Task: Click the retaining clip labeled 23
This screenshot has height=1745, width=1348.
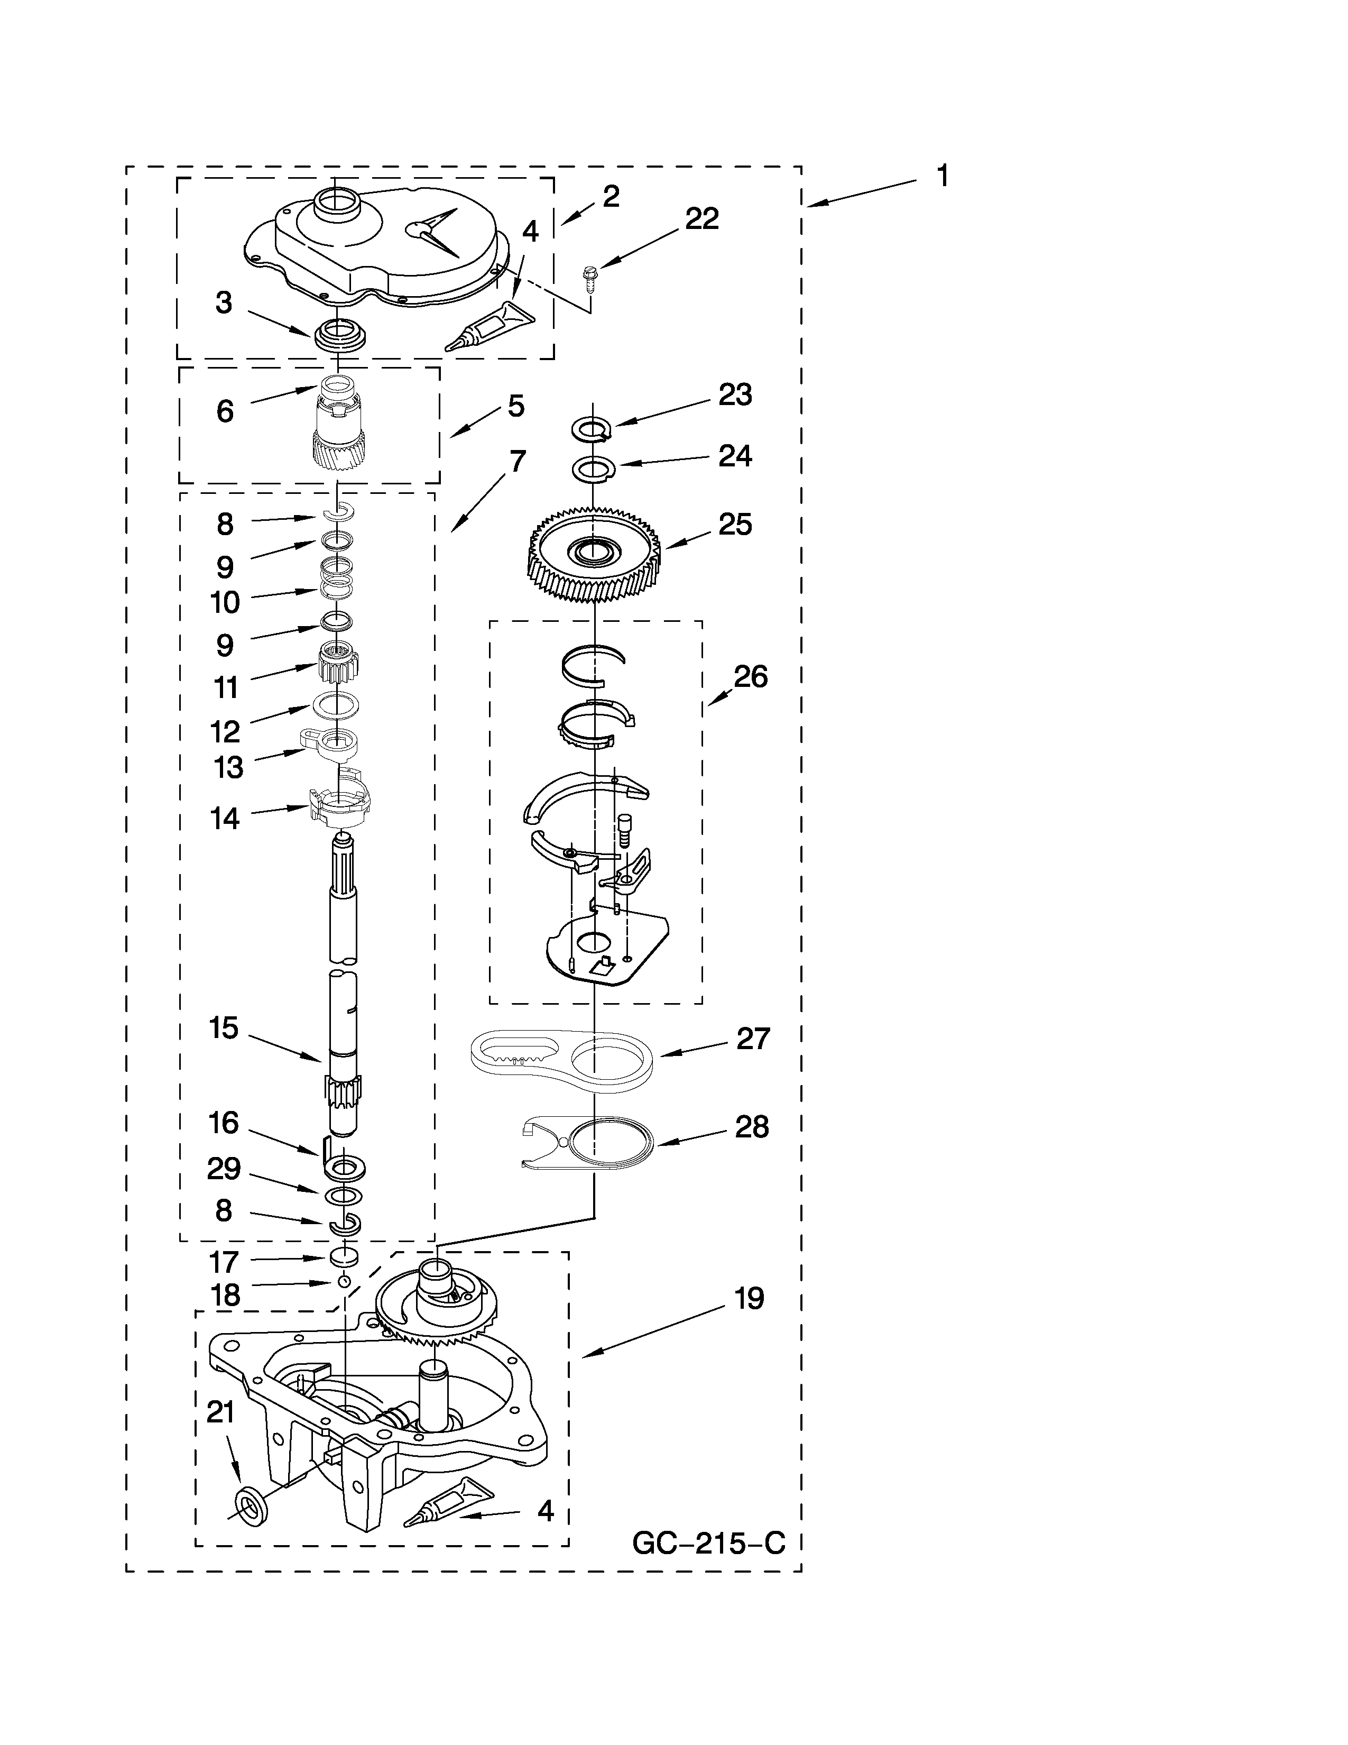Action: [x=591, y=430]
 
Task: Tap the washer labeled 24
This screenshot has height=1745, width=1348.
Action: [x=592, y=471]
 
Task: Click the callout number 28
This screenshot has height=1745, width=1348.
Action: [x=752, y=1127]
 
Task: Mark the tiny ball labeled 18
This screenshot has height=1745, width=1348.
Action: [x=344, y=1282]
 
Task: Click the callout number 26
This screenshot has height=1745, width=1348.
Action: [x=750, y=677]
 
